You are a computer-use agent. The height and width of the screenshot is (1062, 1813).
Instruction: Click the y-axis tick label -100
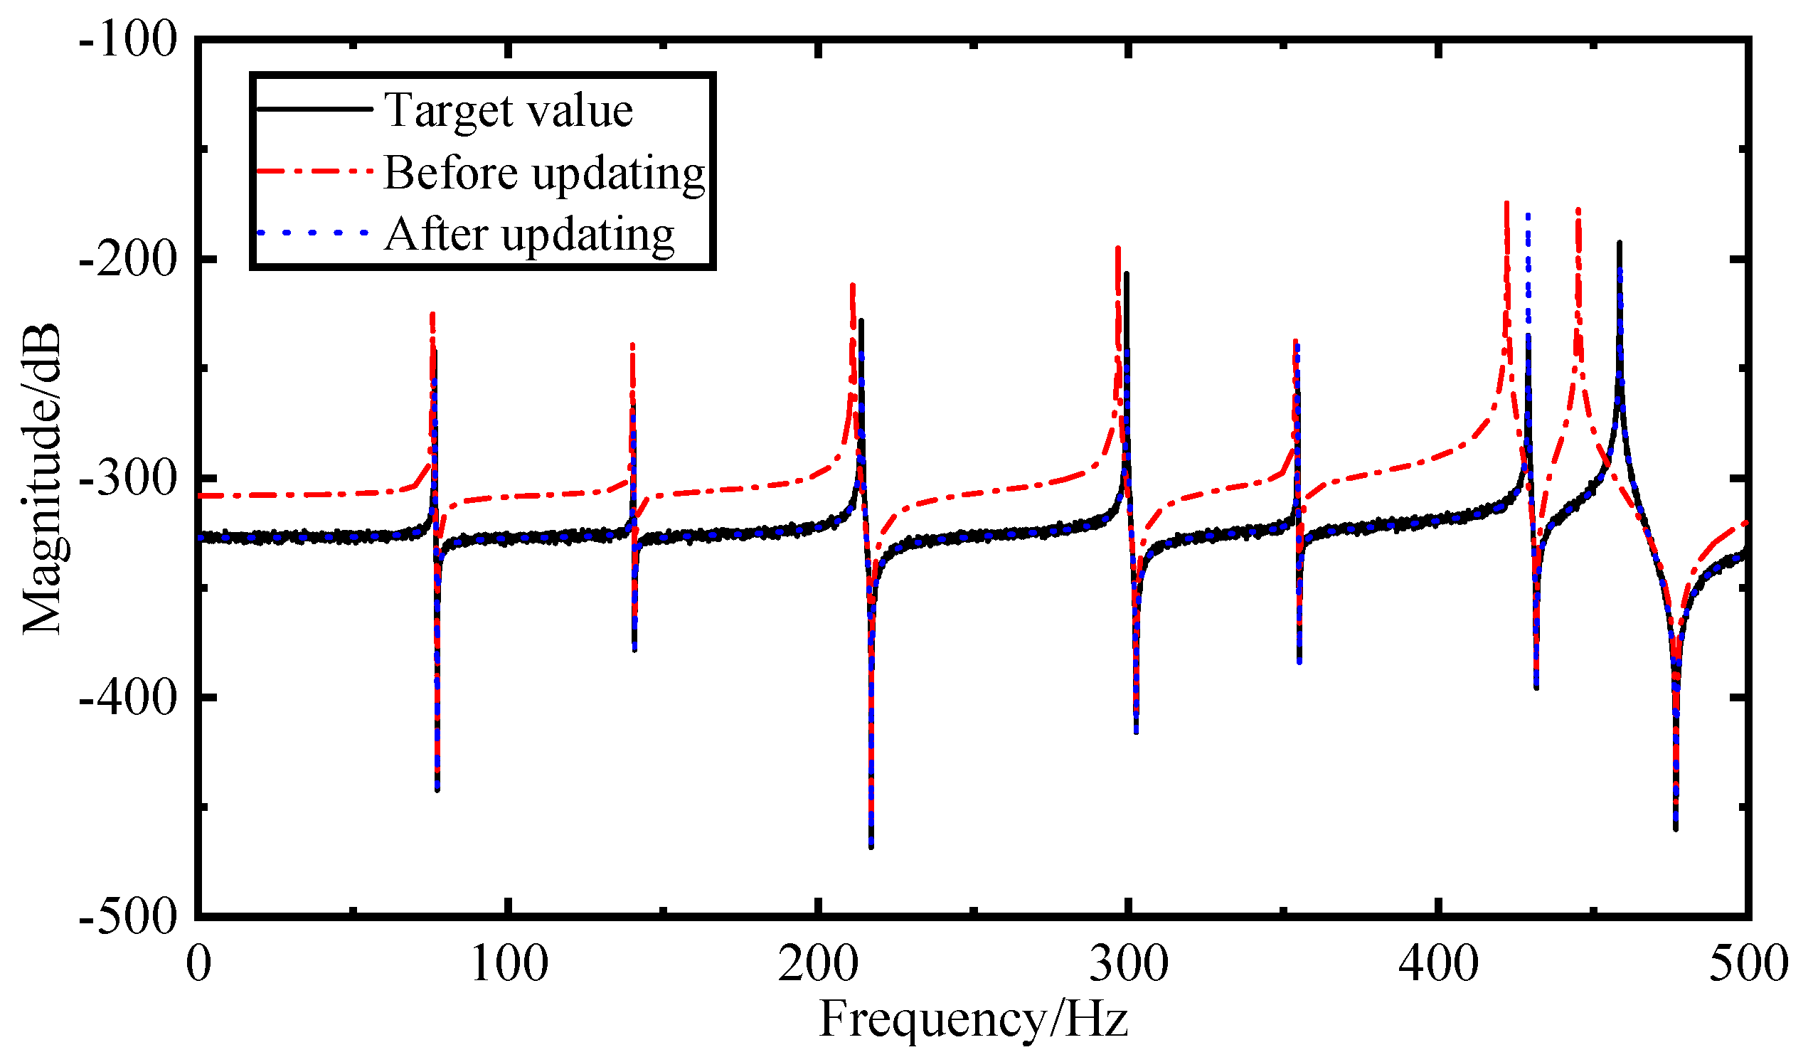(x=127, y=39)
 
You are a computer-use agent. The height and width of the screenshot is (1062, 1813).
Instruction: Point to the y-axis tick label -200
(x=127, y=260)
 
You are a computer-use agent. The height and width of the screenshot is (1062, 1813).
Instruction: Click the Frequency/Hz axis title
(x=974, y=1021)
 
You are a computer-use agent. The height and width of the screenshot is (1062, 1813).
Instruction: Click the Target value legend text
(x=509, y=111)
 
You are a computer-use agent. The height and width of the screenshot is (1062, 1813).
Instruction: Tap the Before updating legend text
(x=545, y=173)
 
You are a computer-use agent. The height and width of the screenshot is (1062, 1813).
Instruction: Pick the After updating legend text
(x=529, y=235)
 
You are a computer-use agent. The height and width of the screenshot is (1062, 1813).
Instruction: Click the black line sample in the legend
(x=314, y=110)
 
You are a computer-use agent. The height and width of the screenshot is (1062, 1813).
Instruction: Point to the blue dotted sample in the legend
(x=314, y=233)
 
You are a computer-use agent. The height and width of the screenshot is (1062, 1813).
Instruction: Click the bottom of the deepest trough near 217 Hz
(x=872, y=847)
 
